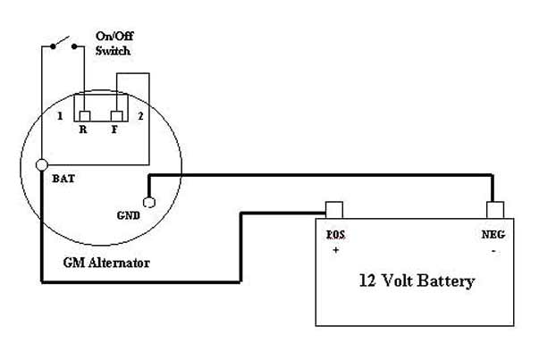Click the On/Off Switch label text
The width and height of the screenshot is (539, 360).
114,44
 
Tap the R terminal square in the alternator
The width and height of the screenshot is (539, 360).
84,117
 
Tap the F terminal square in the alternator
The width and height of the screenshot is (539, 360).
116,117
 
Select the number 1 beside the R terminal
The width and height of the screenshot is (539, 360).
59,117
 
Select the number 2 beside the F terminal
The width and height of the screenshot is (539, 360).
139,117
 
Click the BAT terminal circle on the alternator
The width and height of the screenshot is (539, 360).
41,165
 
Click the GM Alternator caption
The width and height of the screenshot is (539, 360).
105,264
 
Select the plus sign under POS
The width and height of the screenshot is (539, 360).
337,250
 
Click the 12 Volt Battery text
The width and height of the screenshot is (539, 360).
417,281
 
